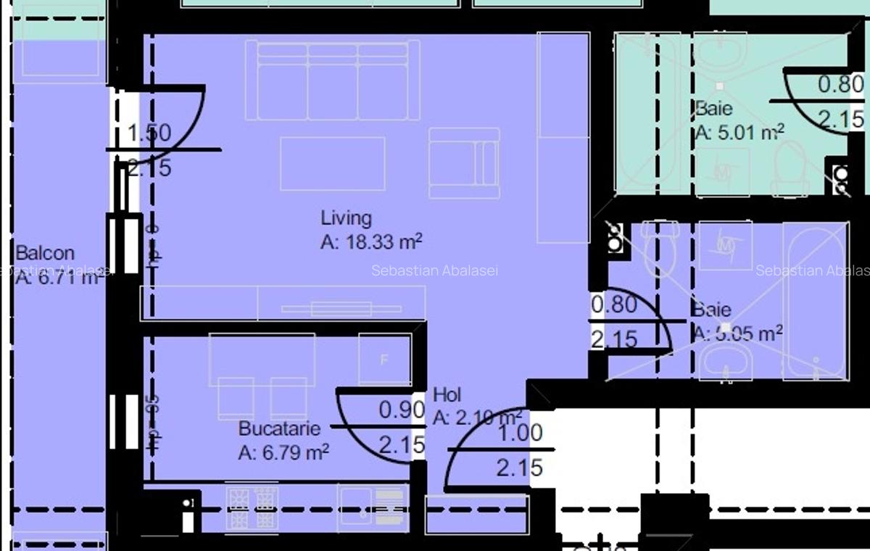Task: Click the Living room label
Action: click(346, 217)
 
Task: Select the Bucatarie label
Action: click(279, 428)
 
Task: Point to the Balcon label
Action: click(45, 253)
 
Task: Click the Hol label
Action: click(447, 395)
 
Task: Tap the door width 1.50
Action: click(149, 133)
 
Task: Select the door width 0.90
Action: click(401, 410)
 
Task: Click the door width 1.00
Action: click(519, 433)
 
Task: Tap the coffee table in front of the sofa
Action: click(333, 164)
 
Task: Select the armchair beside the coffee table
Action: click(463, 162)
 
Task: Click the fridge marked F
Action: click(384, 360)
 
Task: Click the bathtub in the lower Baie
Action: click(814, 301)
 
